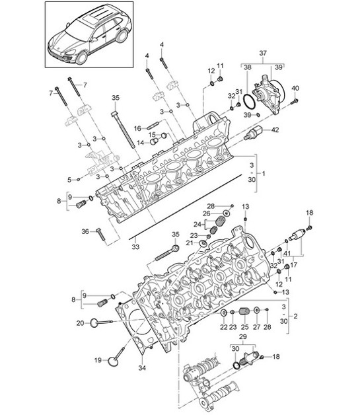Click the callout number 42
click(x=294, y=130)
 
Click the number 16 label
click(x=137, y=128)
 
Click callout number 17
click(x=295, y=265)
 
